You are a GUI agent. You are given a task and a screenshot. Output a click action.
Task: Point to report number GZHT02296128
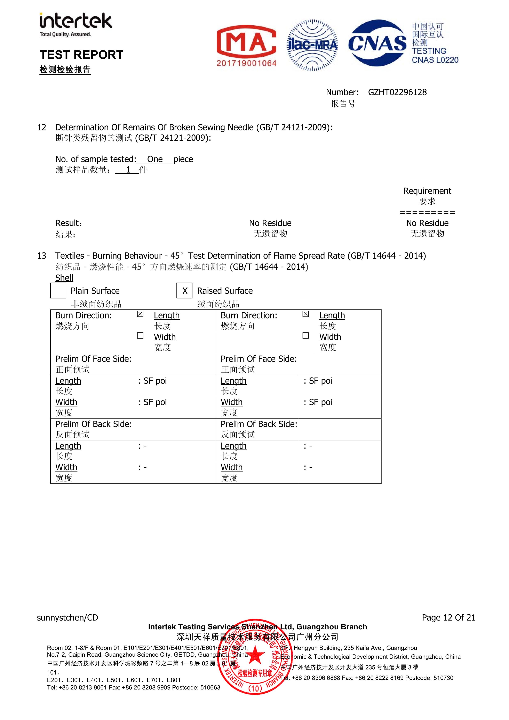[397, 92]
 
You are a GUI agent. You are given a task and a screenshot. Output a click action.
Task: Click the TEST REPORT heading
[81, 55]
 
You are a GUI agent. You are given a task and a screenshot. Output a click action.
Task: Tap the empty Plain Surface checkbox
[58, 290]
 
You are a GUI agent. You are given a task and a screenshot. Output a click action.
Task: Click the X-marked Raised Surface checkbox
[184, 290]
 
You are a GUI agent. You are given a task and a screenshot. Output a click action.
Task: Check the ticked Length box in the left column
[140, 314]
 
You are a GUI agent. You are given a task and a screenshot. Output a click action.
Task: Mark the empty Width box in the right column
[305, 335]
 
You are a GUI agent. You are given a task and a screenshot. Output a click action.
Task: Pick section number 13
[41, 256]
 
